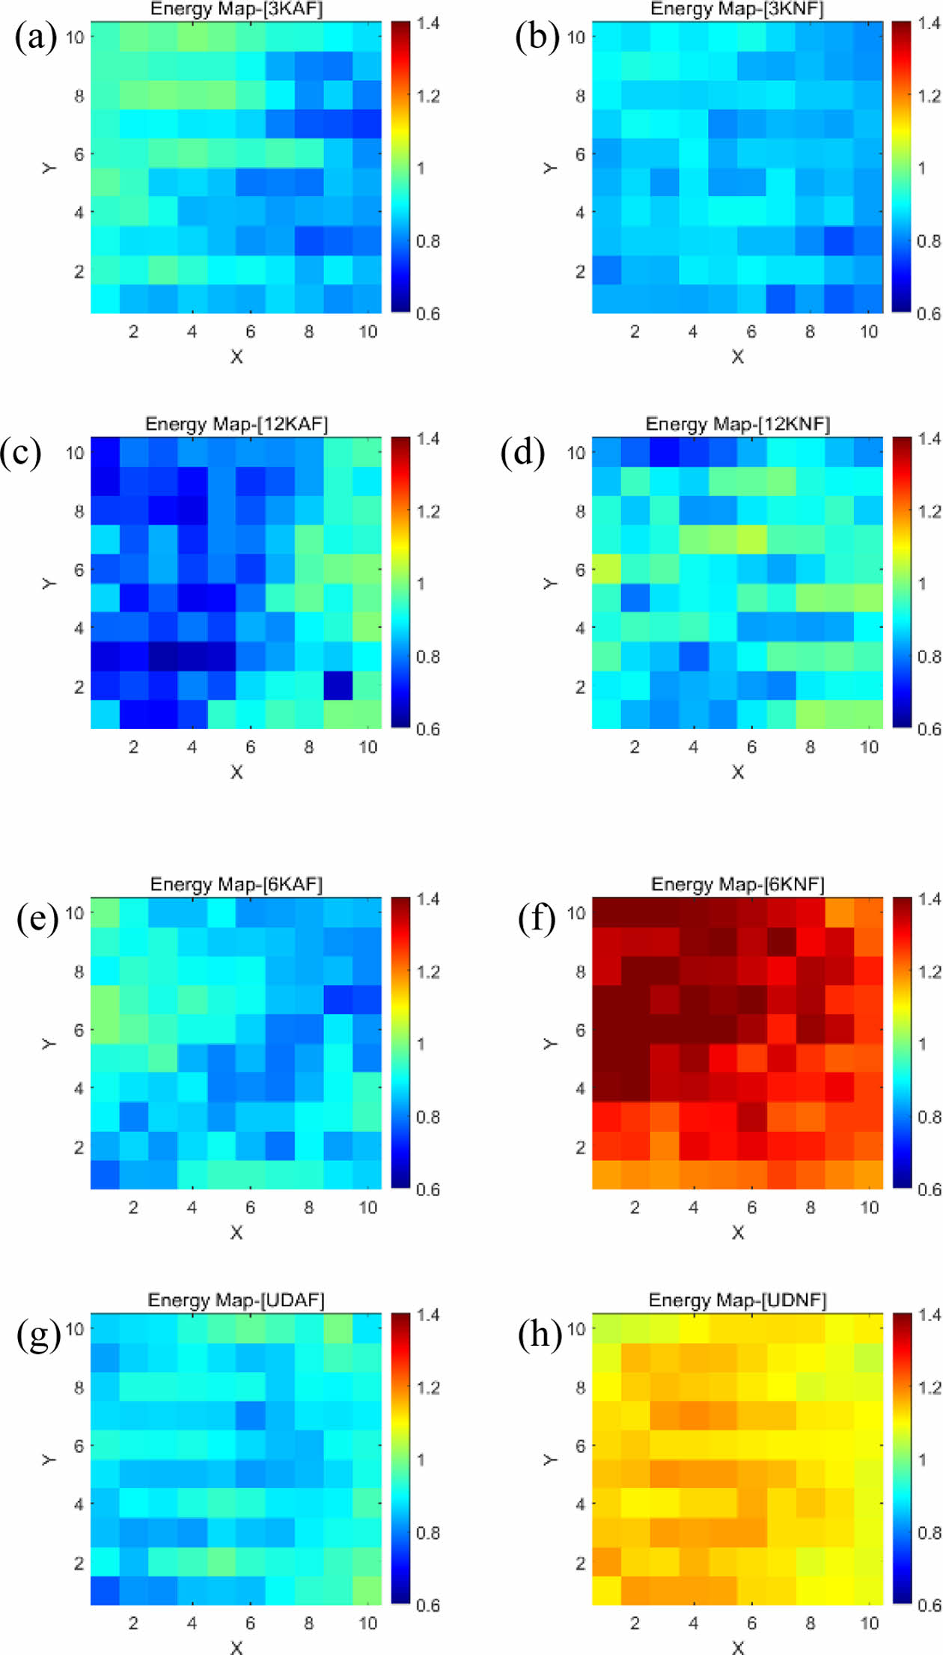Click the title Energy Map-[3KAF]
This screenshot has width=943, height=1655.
coord(236,9)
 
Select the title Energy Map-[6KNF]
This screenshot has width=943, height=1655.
coord(737,884)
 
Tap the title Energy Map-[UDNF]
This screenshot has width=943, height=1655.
coord(737,1300)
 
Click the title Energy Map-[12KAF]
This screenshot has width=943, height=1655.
coord(236,424)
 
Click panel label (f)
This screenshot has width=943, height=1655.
coord(537,918)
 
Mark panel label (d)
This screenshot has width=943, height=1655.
coord(522,453)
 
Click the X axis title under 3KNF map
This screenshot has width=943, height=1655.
coord(737,357)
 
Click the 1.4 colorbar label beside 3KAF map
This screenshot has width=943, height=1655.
coord(428,23)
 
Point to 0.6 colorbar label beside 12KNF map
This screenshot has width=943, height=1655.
coord(929,729)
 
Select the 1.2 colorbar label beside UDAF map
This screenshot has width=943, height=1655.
coord(428,1388)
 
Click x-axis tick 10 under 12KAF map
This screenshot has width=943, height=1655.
coord(367,747)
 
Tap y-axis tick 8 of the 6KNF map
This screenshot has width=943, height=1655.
coord(580,972)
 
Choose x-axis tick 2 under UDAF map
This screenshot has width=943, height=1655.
coord(133,1623)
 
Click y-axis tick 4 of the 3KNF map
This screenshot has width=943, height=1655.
coord(580,213)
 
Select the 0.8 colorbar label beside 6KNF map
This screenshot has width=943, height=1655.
coord(929,1117)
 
